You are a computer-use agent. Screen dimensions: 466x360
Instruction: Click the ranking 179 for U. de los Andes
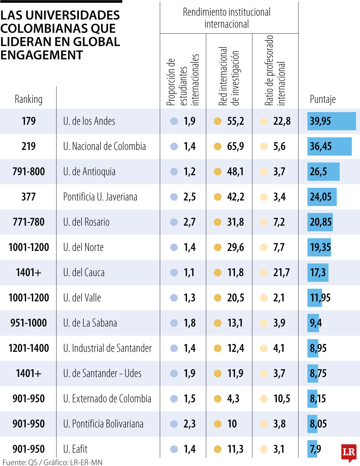28,121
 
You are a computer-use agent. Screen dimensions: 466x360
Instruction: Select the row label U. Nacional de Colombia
104,146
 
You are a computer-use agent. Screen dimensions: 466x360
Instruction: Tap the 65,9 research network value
235,146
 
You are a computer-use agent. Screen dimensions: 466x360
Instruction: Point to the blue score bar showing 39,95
331,121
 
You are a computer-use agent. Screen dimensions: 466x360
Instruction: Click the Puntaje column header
322,99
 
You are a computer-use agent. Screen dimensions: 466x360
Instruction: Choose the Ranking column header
28,99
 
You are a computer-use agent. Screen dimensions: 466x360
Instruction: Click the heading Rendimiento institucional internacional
227,18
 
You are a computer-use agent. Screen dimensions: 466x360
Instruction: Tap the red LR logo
349,452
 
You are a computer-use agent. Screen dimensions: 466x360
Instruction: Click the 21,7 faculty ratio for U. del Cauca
281,273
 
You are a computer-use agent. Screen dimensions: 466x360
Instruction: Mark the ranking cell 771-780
28,222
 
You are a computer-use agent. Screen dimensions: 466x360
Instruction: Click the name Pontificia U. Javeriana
100,197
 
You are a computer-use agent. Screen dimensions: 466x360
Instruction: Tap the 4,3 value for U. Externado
233,399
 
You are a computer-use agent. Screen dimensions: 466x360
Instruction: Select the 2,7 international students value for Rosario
189,222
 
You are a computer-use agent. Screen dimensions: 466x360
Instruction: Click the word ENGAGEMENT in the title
42,55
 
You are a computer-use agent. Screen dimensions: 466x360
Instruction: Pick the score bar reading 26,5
323,172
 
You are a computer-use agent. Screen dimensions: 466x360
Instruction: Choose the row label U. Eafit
75,449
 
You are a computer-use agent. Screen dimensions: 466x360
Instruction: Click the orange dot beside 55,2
217,121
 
